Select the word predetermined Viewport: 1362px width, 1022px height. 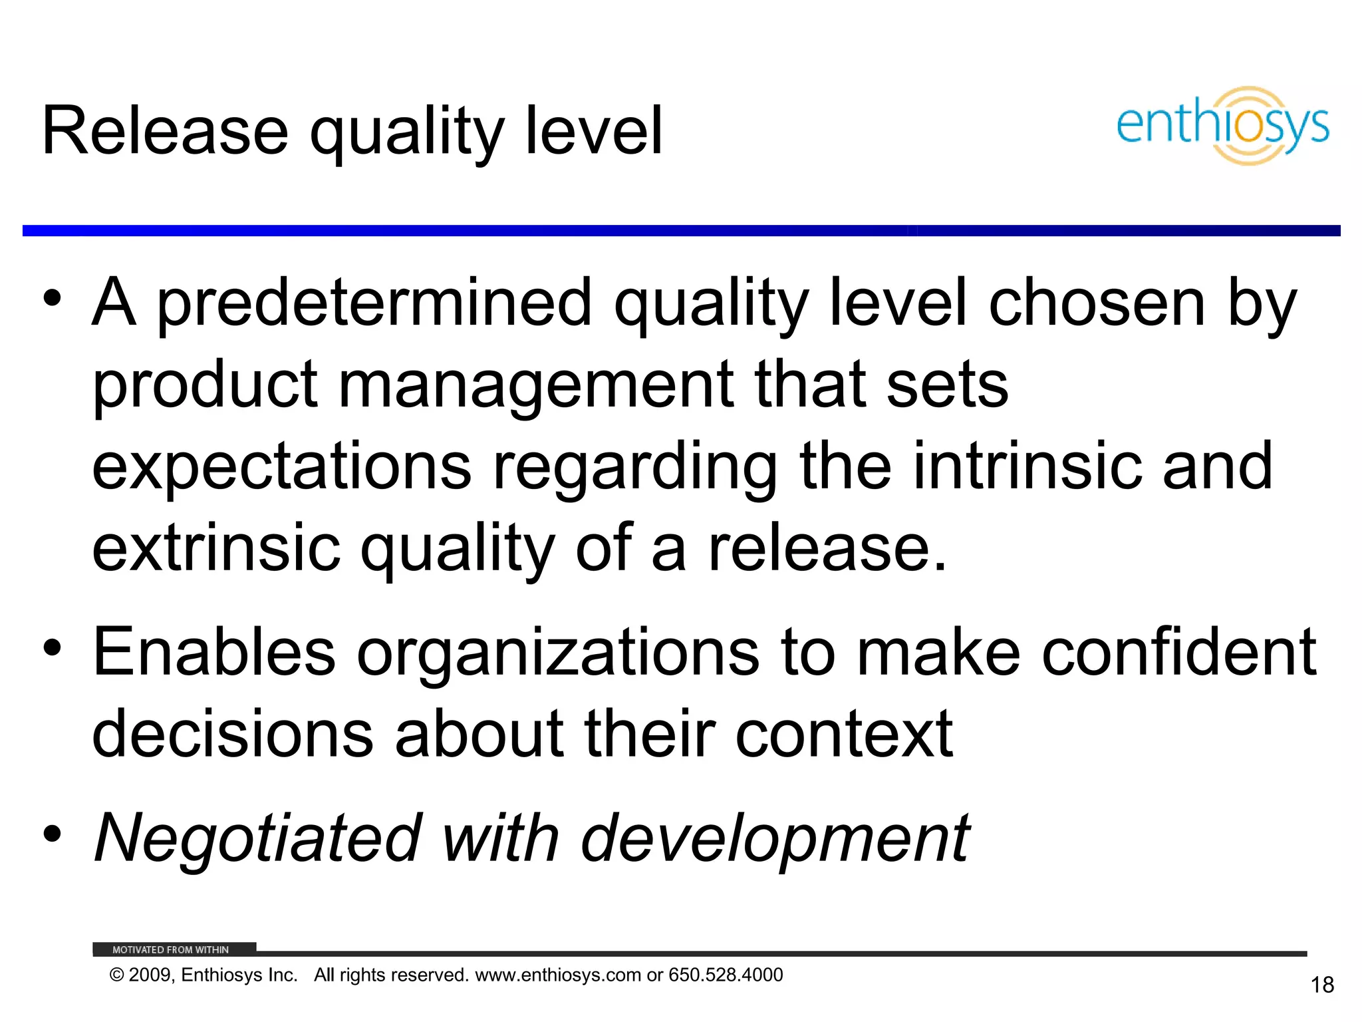(x=374, y=303)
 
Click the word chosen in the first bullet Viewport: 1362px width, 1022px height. (x=1097, y=303)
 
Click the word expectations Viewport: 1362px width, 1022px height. (x=281, y=467)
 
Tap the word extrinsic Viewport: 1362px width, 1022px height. (x=216, y=548)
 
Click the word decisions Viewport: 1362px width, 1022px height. (x=233, y=734)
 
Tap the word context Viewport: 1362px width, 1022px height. (x=845, y=734)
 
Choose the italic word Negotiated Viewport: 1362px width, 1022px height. (x=258, y=838)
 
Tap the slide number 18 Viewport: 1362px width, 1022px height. (x=1322, y=985)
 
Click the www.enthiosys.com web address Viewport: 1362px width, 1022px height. (x=558, y=975)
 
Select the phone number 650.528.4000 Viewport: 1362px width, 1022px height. (x=726, y=975)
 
